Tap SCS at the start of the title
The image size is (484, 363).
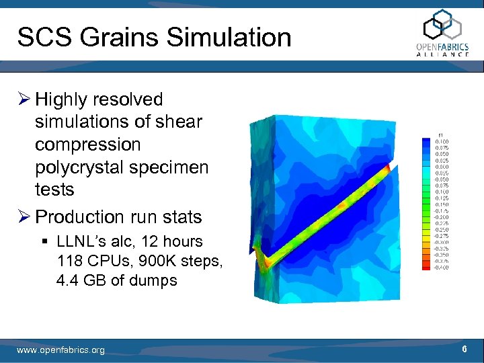(x=42, y=38)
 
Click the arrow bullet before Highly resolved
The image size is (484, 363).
(x=25, y=100)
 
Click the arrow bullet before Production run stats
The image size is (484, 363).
(x=25, y=217)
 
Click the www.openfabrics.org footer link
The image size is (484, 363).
(x=61, y=350)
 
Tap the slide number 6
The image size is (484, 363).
(x=465, y=350)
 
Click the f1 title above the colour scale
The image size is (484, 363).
(x=440, y=134)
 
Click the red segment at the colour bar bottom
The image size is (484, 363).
(x=427, y=266)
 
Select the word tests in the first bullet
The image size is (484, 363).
(x=54, y=190)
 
